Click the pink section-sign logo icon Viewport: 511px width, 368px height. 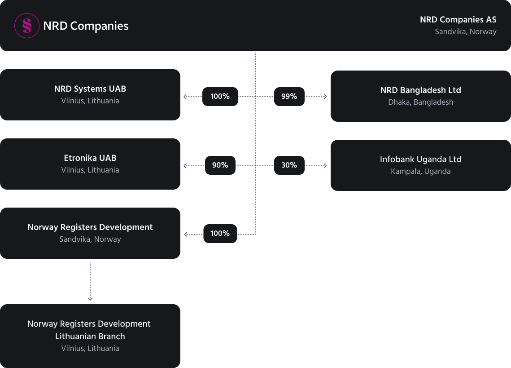[x=27, y=26]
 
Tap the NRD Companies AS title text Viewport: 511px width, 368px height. [x=458, y=20]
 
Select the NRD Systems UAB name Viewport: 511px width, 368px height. [x=90, y=89]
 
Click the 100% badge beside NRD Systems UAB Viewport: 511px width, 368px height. [x=220, y=96]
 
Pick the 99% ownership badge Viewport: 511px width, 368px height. [x=289, y=96]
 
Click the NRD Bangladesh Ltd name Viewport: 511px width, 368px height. [x=420, y=90]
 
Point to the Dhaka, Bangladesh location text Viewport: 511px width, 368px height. [x=420, y=102]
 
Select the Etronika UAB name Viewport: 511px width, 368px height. [x=90, y=158]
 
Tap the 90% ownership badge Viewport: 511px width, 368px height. [x=220, y=165]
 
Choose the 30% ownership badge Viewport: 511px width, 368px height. [x=289, y=165]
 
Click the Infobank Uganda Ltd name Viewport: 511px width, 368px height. [x=420, y=160]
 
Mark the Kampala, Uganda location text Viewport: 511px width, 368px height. [x=420, y=172]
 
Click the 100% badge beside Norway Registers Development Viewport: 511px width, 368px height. [x=220, y=234]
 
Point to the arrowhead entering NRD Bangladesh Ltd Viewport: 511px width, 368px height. [x=325, y=96]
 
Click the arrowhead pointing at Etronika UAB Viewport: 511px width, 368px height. [x=185, y=165]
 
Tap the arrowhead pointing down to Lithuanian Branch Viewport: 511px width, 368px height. [x=90, y=298]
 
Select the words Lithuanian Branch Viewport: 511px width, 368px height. [x=90, y=337]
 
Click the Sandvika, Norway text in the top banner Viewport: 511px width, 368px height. [x=465, y=31]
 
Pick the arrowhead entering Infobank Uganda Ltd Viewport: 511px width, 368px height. [x=325, y=165]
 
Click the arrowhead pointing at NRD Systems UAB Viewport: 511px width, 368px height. [x=185, y=96]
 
